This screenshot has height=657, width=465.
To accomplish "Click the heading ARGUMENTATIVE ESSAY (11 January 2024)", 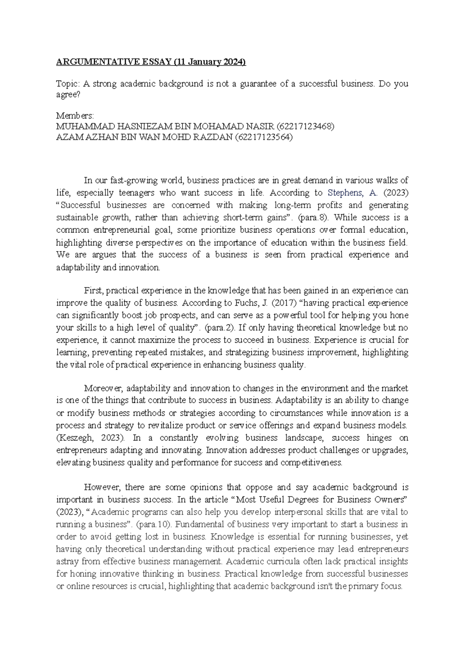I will click(151, 62).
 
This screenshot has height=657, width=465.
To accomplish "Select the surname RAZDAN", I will click(213, 138).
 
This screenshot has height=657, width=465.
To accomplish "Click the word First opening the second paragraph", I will click(93, 291).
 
